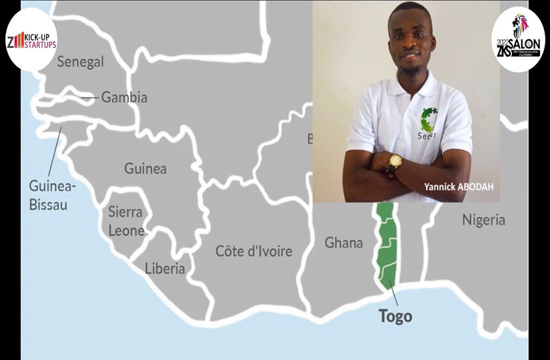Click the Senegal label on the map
pos(80,62)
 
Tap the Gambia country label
pos(124,98)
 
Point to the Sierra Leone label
pos(126,222)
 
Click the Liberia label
pos(164,268)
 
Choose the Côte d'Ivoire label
pos(254,251)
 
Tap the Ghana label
pos(344,242)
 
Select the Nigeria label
pos(483,220)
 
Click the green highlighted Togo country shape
pos(385,247)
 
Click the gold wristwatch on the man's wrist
pos(396,160)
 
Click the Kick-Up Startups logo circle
pos(31,39)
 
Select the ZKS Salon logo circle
pos(518,39)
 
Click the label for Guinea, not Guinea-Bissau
pos(145,168)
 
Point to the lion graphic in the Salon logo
pos(521,25)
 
